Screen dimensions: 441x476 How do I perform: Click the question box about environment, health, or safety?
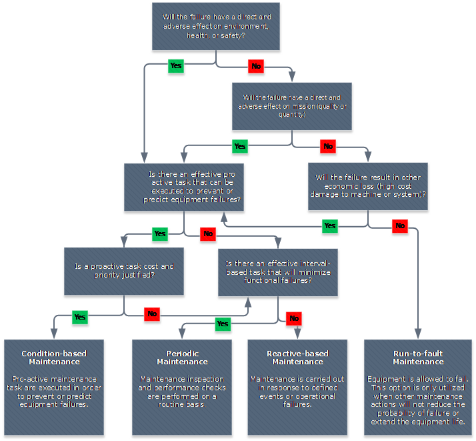(216, 27)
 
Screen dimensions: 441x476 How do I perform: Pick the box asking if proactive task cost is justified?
(125, 270)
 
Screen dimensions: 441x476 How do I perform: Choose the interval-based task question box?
(277, 272)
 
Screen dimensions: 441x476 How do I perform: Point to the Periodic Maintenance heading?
(182, 358)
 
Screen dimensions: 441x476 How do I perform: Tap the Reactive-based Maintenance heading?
(297, 358)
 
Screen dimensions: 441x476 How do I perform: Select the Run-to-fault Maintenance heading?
(418, 358)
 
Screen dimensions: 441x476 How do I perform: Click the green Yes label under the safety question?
(175, 66)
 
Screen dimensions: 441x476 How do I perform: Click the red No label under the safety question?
(255, 67)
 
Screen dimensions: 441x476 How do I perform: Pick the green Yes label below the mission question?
(240, 146)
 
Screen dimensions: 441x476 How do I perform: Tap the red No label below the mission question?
(327, 146)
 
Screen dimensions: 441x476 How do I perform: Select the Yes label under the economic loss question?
(329, 226)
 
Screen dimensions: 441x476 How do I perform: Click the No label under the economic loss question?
(399, 226)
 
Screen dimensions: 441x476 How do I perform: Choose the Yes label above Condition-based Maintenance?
(79, 317)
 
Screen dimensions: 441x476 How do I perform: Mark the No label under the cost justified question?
(152, 314)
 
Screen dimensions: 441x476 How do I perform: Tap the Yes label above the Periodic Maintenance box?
(223, 324)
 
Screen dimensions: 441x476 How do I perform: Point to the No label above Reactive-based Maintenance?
(294, 319)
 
